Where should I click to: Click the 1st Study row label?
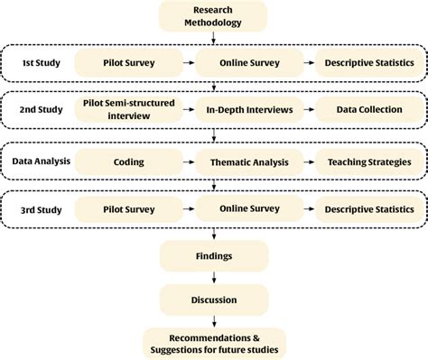pyautogui.click(x=41, y=62)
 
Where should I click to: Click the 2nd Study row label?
pyautogui.click(x=41, y=110)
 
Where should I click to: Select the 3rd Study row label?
pyautogui.click(x=41, y=209)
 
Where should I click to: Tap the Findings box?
pyautogui.click(x=213, y=256)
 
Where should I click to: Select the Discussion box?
pyautogui.click(x=213, y=300)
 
